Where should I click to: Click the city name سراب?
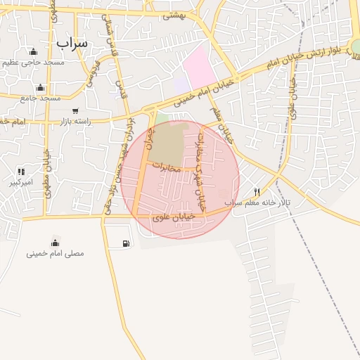click(x=72, y=42)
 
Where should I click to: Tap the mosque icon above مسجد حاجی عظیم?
click(x=33, y=51)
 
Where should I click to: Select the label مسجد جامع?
click(x=41, y=98)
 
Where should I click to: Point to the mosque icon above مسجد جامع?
click(x=40, y=88)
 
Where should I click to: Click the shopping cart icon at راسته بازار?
click(x=75, y=111)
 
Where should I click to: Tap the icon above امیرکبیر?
click(x=21, y=172)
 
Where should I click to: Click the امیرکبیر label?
click(x=21, y=182)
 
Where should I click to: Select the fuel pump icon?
click(x=126, y=244)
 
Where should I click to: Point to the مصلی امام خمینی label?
click(x=55, y=252)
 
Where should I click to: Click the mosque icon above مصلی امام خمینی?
click(x=55, y=243)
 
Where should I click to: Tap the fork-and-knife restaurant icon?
click(x=257, y=192)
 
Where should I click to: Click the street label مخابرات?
click(x=166, y=169)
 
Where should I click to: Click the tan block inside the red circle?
click(x=171, y=141)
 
